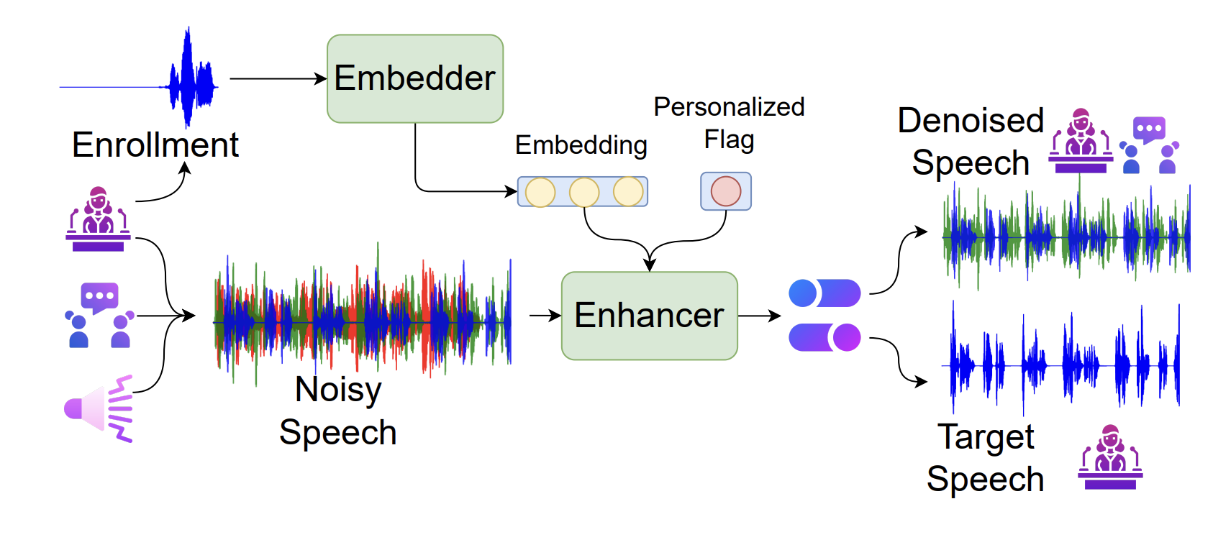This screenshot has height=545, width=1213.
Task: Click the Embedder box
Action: pos(415,78)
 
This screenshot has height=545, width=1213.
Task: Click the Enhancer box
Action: pos(649,316)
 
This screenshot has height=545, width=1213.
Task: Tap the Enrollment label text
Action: pos(155,145)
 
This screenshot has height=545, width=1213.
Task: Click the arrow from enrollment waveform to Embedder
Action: pos(278,78)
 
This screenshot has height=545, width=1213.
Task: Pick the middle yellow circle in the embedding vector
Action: pos(583,192)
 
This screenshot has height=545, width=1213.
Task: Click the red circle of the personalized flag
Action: pos(725,191)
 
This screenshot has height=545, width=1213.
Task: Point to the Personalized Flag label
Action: pos(729,122)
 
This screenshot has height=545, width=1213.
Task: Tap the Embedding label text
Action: pos(581,145)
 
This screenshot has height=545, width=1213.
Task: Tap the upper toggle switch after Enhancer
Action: pos(824,293)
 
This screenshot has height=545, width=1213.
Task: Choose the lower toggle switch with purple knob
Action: pos(824,336)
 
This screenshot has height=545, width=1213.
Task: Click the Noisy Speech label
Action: pos(337,411)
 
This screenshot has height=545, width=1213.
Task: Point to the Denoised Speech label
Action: pos(970,141)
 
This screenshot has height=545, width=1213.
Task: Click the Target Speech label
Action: pos(985,457)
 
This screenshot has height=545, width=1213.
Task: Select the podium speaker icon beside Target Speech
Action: pos(1109,457)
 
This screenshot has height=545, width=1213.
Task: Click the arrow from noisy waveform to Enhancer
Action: pos(545,316)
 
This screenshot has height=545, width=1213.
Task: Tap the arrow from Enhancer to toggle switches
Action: pos(759,316)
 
